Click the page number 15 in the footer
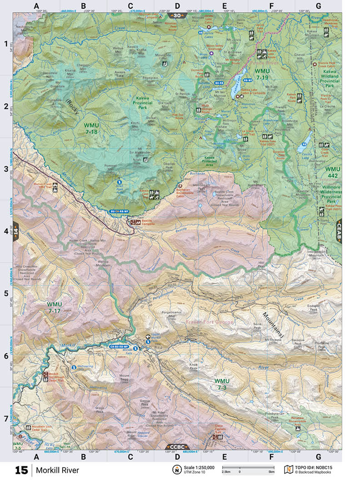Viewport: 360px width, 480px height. (x=21, y=470)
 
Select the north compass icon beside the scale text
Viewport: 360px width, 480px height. (x=175, y=469)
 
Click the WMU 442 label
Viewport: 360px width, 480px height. (x=332, y=172)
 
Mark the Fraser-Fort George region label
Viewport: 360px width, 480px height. (x=210, y=322)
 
